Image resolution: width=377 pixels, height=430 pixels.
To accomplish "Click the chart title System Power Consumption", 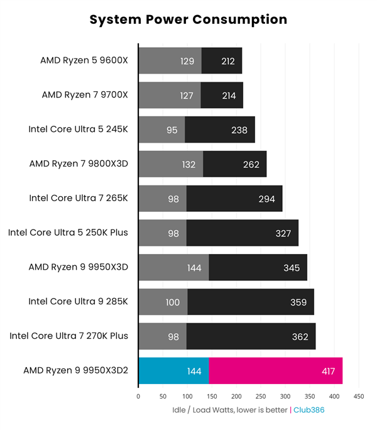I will (188, 19).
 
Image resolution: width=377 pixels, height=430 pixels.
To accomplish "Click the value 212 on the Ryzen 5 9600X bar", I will (229, 61).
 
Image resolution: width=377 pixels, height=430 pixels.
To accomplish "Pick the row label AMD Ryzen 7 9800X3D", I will (79, 164).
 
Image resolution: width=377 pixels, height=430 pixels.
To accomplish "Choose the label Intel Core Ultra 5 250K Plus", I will (68, 233).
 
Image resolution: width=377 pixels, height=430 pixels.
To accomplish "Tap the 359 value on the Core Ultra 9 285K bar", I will (298, 302).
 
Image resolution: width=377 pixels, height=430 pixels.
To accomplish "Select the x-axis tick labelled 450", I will (359, 397).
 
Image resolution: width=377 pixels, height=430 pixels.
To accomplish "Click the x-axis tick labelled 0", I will (138, 397).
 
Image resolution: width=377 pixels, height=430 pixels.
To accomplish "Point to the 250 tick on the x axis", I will (261, 397).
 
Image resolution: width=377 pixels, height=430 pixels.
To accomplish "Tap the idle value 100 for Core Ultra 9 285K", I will (173, 302).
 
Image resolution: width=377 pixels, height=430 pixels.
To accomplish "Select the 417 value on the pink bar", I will (327, 372).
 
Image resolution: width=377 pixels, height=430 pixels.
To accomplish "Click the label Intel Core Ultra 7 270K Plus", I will (68, 336).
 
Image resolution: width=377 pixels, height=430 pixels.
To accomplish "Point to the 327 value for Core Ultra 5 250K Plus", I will (283, 233).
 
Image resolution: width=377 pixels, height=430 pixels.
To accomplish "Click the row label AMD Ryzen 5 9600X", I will (84, 61).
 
